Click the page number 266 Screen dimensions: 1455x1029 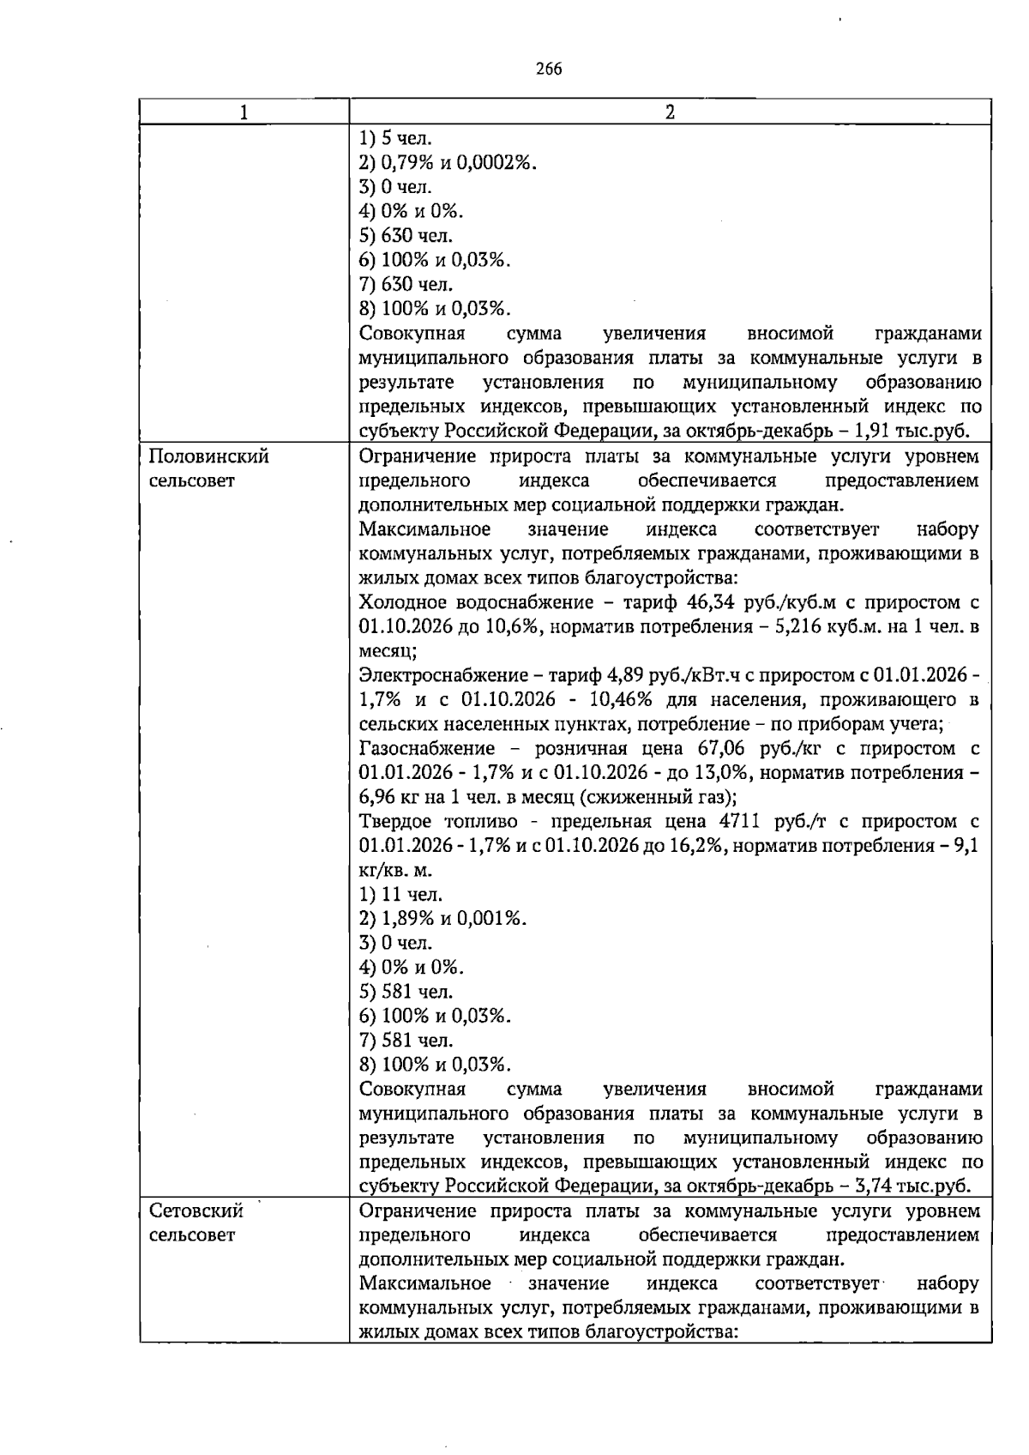548,69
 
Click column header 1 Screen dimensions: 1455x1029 244,112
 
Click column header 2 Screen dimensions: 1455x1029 670,112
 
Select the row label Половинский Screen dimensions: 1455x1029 209,456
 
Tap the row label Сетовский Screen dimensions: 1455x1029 196,1211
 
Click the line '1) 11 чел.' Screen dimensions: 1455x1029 401,895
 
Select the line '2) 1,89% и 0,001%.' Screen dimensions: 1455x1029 442,919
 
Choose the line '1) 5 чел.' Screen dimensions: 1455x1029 396,138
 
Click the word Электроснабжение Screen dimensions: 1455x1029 436,675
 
